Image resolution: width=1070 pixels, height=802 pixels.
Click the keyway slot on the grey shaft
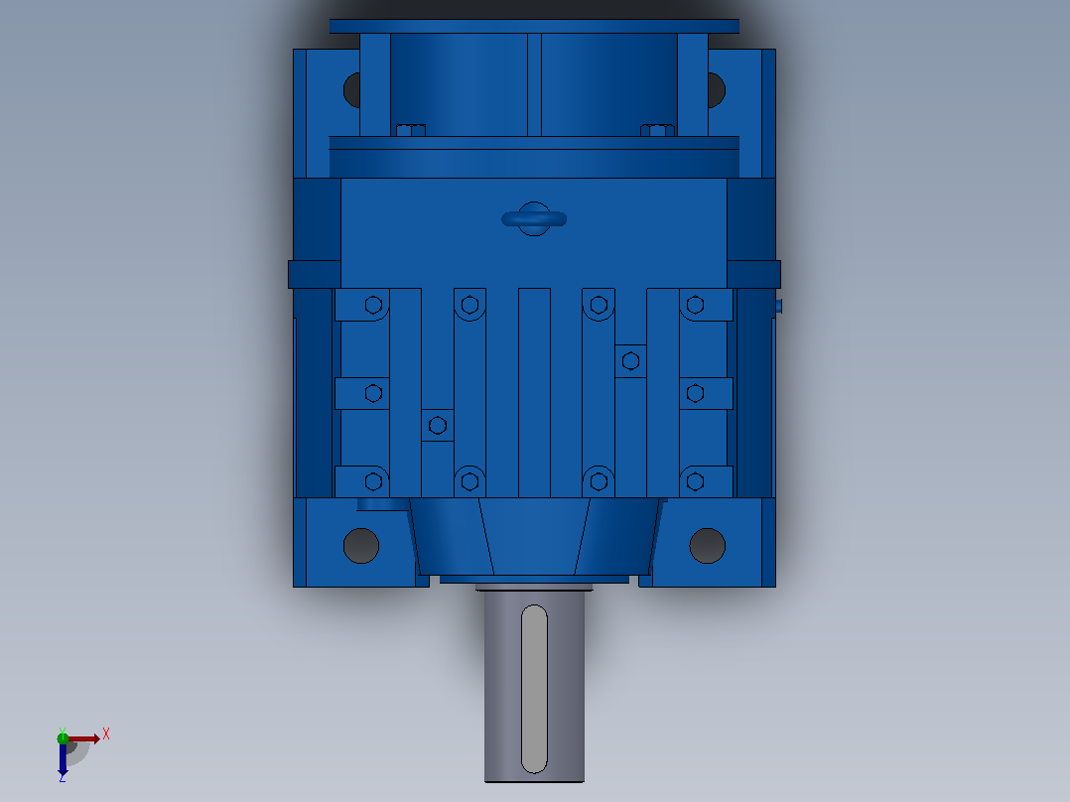pyautogui.click(x=534, y=689)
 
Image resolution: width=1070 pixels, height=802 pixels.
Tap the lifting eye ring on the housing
pyautogui.click(x=534, y=219)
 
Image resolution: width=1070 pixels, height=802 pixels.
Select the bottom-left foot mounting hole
pyautogui.click(x=361, y=545)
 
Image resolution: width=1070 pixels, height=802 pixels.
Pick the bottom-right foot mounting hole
pyautogui.click(x=707, y=545)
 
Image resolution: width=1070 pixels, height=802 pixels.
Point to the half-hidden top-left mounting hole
pyautogui.click(x=351, y=89)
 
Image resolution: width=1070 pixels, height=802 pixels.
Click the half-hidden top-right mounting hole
pyautogui.click(x=717, y=89)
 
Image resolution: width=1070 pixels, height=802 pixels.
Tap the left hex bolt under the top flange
pyautogui.click(x=411, y=130)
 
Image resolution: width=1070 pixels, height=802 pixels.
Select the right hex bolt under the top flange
pyautogui.click(x=657, y=130)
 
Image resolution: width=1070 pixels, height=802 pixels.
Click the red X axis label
pyautogui.click(x=106, y=735)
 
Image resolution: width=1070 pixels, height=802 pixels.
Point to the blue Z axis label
pyautogui.click(x=63, y=777)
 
